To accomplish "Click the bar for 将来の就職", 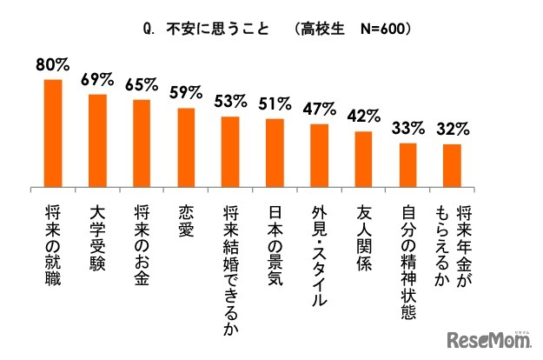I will (53, 133).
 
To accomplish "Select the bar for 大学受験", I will (97, 140).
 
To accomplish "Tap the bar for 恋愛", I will (186, 147).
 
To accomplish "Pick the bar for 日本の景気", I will (275, 152).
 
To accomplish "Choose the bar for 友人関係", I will (363, 158).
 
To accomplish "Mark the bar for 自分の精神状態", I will (407, 164).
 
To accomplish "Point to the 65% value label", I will (142, 85).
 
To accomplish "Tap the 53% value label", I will (230, 102).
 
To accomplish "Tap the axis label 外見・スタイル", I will (319, 252).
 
